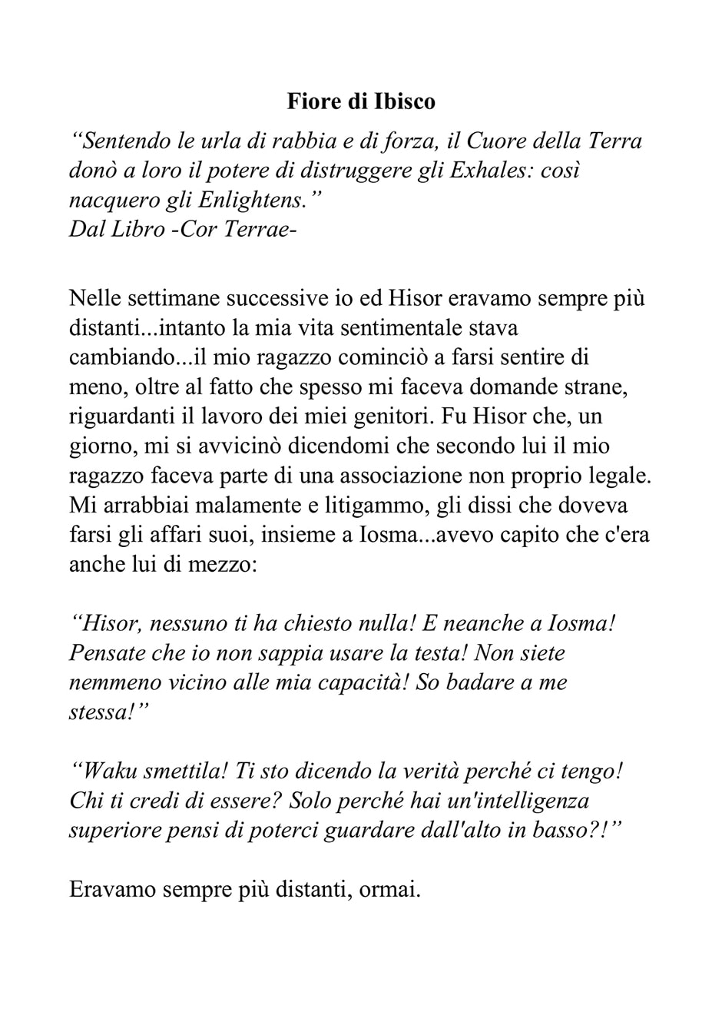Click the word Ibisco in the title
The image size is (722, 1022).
tap(406, 101)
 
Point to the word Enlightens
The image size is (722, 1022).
tap(257, 200)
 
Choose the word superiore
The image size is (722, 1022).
tap(114, 830)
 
